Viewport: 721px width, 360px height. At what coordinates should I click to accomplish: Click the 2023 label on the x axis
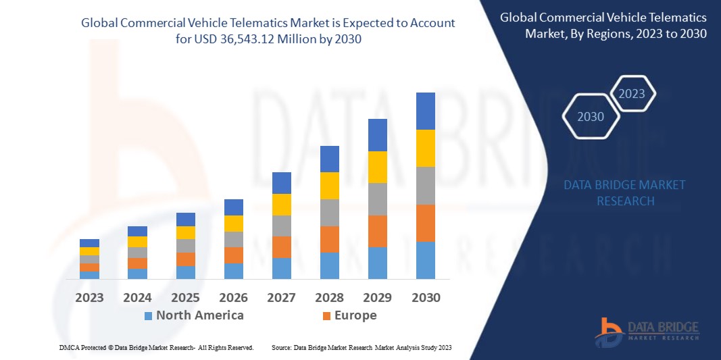point(89,297)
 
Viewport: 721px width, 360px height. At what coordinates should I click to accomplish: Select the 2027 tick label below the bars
point(281,297)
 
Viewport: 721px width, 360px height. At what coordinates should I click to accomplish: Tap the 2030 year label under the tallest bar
point(425,297)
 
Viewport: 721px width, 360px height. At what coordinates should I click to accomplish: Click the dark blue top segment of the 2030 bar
point(425,111)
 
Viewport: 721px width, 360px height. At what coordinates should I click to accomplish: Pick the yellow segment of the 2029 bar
point(377,167)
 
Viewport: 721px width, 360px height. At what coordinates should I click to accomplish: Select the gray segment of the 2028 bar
point(329,212)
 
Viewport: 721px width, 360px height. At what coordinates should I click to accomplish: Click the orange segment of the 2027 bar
point(281,247)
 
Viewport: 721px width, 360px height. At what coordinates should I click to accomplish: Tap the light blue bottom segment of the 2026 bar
point(233,271)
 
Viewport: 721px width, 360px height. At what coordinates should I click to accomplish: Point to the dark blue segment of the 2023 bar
point(89,243)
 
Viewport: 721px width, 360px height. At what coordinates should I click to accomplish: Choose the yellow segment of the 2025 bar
point(185,232)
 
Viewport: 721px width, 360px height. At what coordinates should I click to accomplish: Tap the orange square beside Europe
point(327,316)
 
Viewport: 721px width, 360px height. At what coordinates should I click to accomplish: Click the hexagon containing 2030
point(591,117)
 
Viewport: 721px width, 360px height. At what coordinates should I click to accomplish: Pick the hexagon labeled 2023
point(632,94)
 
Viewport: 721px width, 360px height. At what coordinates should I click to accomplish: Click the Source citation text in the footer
point(361,347)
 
